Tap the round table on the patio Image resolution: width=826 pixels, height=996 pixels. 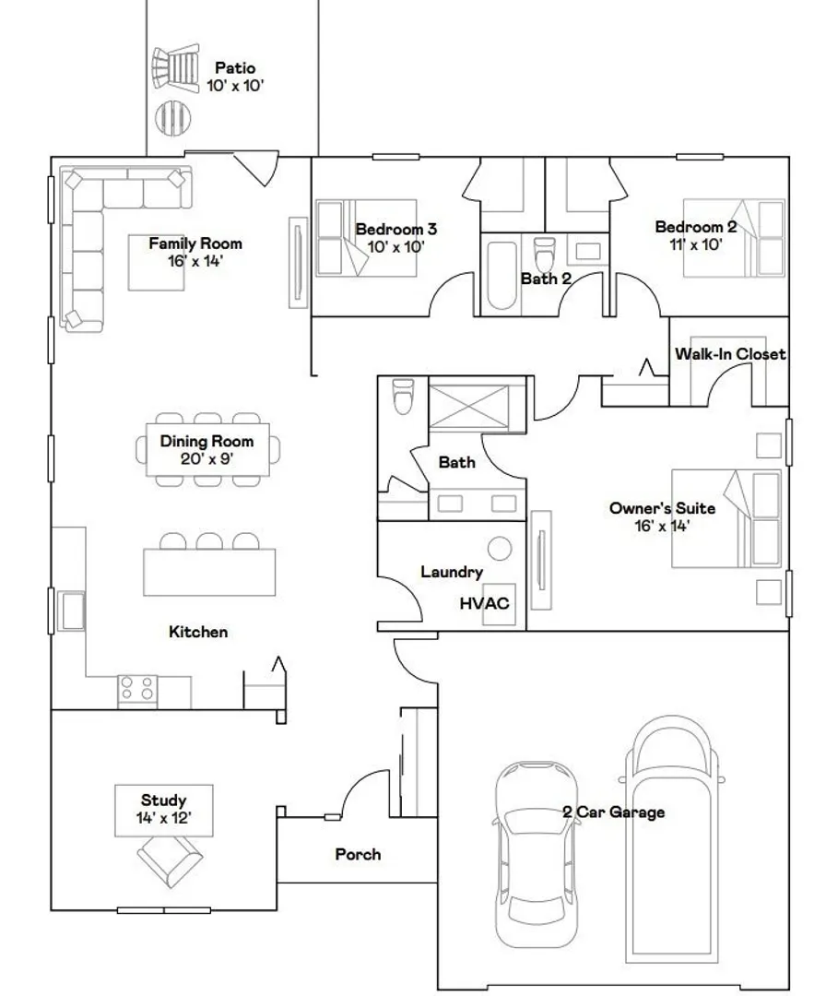click(173, 115)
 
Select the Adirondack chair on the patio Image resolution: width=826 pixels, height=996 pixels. click(175, 66)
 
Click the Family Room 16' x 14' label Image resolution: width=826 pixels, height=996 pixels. click(195, 252)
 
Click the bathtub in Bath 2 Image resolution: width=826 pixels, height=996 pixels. click(501, 275)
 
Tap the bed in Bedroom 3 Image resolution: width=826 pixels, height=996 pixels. click(366, 238)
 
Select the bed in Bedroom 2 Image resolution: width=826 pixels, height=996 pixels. click(734, 238)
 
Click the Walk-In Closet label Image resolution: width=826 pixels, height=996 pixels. click(730, 354)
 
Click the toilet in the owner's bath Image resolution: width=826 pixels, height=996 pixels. click(403, 396)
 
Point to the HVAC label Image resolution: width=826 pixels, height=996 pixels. click(484, 603)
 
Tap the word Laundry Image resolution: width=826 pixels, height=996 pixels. click(452, 573)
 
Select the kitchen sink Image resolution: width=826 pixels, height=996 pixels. click(71, 611)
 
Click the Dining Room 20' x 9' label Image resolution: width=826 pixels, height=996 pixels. click(206, 450)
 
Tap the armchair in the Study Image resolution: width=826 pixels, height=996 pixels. click(171, 860)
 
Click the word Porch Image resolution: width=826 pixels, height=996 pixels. click(358, 855)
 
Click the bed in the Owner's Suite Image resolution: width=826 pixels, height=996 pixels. click(726, 518)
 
